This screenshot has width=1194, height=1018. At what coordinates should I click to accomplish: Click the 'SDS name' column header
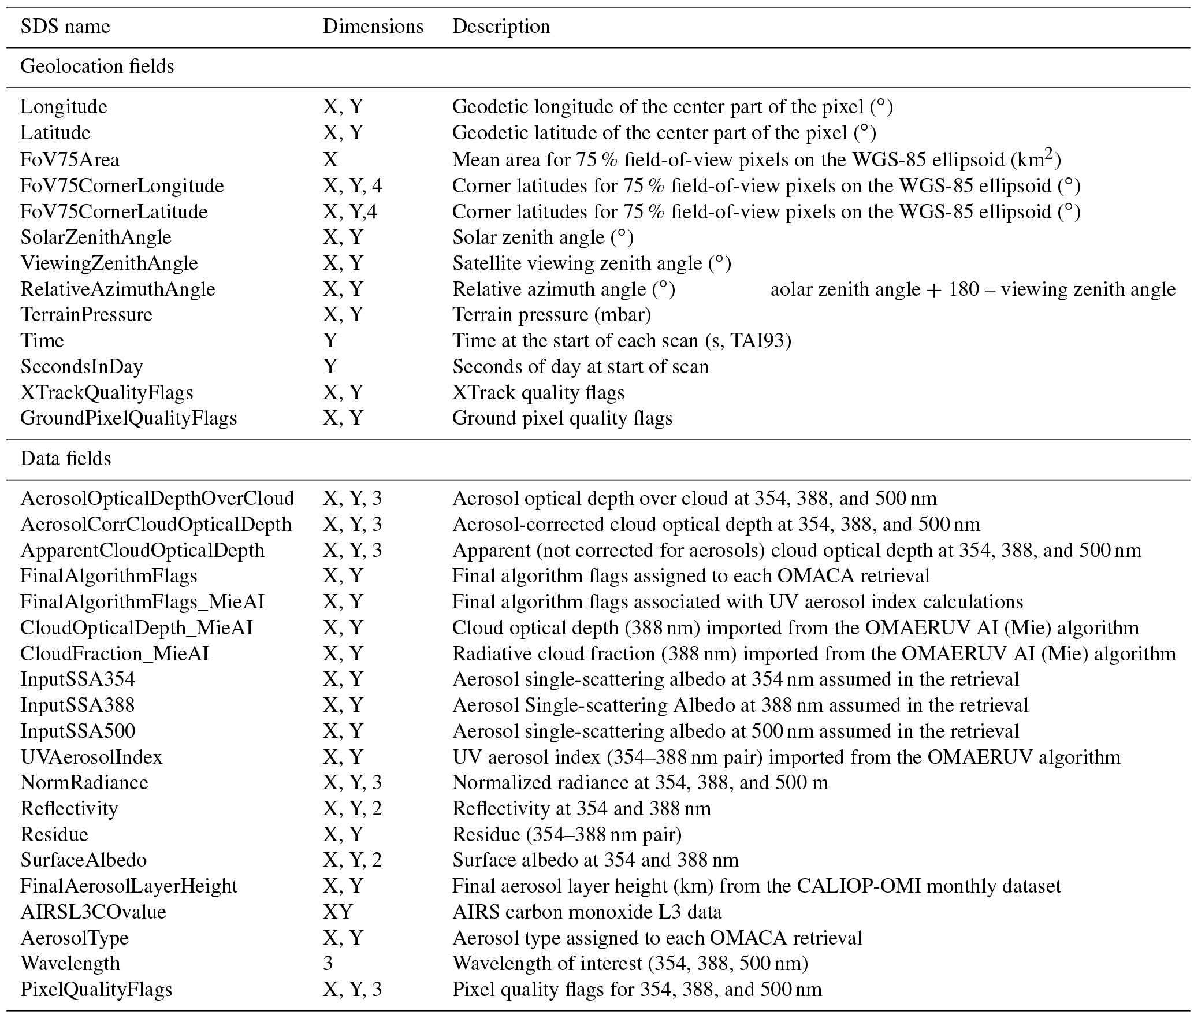(x=65, y=27)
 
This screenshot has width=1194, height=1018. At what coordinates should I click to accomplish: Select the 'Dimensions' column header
(x=373, y=27)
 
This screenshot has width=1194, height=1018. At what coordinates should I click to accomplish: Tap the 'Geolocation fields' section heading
(x=97, y=66)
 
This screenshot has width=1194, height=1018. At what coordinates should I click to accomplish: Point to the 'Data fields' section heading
(x=66, y=458)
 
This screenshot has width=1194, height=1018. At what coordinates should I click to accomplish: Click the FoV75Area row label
(x=70, y=159)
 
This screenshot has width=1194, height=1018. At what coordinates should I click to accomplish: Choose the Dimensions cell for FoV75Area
(x=330, y=159)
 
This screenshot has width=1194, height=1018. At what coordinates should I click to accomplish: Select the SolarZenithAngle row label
(x=96, y=237)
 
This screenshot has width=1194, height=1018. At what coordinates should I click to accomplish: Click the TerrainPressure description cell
(x=551, y=314)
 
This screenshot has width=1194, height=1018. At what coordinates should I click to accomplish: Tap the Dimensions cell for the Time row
(x=330, y=340)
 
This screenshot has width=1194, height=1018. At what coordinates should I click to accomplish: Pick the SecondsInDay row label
(x=81, y=366)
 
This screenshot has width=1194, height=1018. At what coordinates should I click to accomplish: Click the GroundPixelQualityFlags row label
(x=128, y=418)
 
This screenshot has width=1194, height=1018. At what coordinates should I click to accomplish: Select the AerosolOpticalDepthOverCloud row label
(x=157, y=498)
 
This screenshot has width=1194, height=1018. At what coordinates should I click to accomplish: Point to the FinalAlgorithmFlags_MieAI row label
(x=142, y=601)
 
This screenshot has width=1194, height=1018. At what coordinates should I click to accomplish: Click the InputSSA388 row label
(x=77, y=705)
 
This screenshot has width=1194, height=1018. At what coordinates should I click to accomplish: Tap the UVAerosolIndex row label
(x=91, y=757)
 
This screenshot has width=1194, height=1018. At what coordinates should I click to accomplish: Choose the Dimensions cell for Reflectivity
(x=352, y=808)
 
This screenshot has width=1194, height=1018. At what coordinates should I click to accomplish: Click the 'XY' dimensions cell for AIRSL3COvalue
(x=337, y=912)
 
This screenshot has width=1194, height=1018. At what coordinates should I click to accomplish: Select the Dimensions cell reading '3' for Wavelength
(x=328, y=964)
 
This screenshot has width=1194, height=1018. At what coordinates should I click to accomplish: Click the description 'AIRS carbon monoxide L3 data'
(x=586, y=912)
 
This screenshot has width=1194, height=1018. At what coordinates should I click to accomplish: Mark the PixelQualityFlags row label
(x=96, y=990)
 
